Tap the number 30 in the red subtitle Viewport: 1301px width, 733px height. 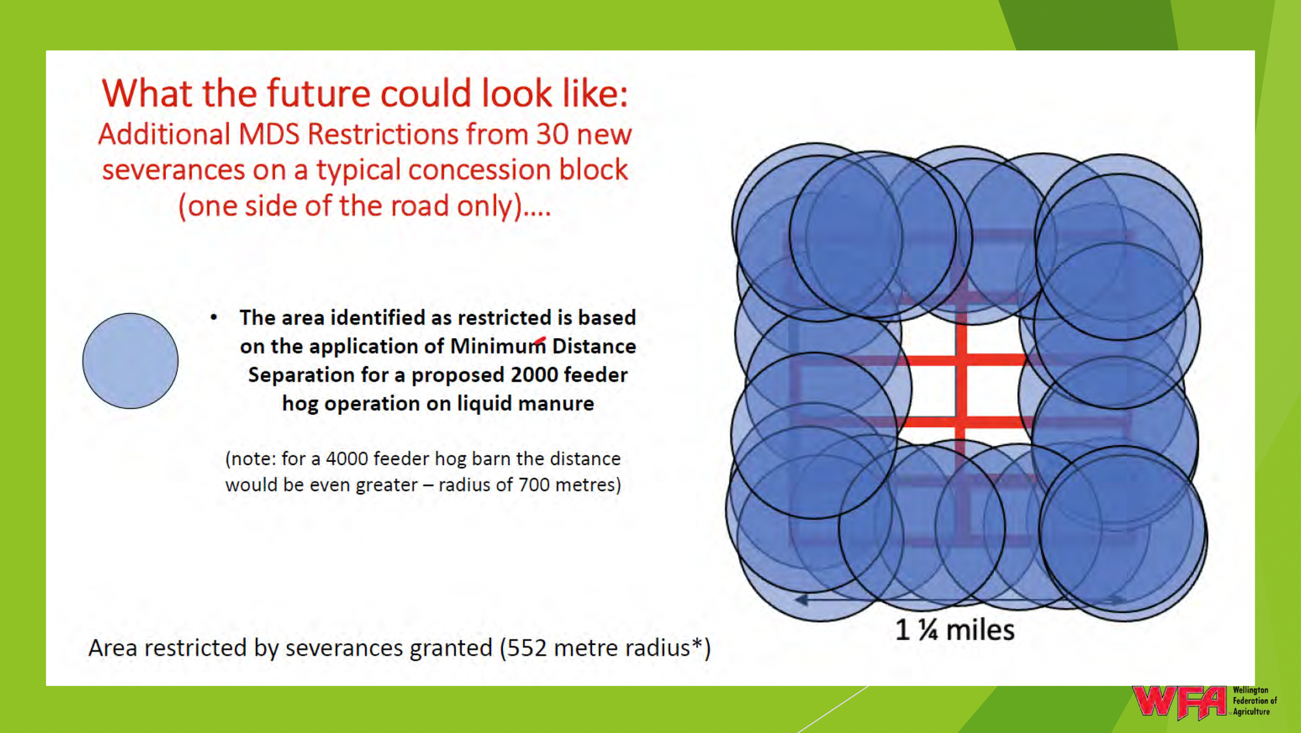(552, 134)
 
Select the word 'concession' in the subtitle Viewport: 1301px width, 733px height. (470, 170)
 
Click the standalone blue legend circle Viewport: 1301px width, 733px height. (130, 361)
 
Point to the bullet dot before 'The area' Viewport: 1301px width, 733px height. (214, 317)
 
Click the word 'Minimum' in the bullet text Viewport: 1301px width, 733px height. (498, 346)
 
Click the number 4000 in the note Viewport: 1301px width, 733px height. (346, 459)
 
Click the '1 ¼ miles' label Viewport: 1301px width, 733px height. (955, 630)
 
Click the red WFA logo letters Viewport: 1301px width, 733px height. (1179, 702)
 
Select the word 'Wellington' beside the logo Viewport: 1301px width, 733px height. (1250, 690)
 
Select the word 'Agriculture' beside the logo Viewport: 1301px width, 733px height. (1252, 712)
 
